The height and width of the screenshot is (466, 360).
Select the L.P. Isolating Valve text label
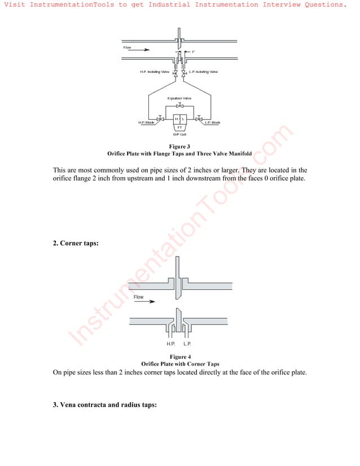tap(203, 72)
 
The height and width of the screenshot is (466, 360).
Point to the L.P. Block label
tap(212, 122)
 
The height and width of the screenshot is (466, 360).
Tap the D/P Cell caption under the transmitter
tap(179, 135)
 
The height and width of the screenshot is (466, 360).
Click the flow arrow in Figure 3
tap(143, 50)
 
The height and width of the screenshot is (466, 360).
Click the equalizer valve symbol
tap(179, 105)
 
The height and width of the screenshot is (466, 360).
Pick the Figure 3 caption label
tap(179, 147)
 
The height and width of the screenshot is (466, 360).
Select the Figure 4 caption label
tap(180, 357)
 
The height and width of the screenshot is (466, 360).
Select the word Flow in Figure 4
tap(138, 297)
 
